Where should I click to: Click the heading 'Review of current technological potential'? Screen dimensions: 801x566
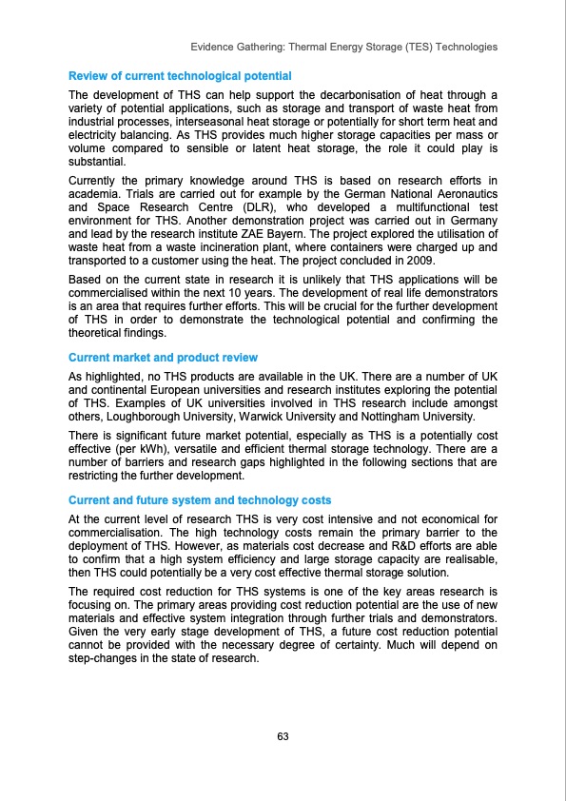(180, 75)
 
